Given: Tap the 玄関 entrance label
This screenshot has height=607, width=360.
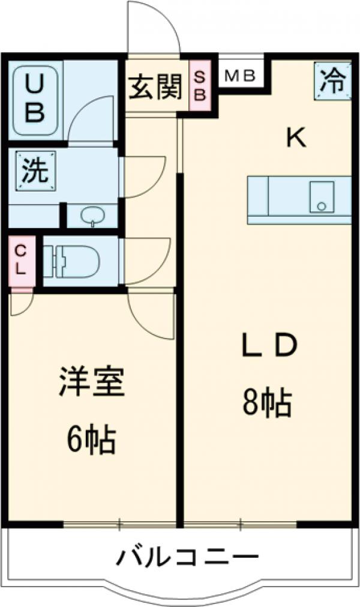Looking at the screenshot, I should [x=154, y=88].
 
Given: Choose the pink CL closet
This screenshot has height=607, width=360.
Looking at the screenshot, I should [x=20, y=260].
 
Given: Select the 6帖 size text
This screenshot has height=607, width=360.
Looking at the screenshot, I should [x=91, y=440].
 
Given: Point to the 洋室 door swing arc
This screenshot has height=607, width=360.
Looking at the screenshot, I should [x=150, y=315].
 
